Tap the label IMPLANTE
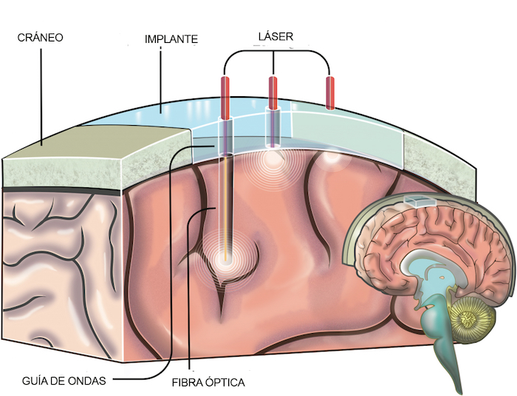coord(171,39)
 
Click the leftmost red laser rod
coord(225,96)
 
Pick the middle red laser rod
coord(273,92)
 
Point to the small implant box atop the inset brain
coord(417,201)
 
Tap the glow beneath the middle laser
coord(273,158)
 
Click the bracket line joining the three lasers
coord(275,52)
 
